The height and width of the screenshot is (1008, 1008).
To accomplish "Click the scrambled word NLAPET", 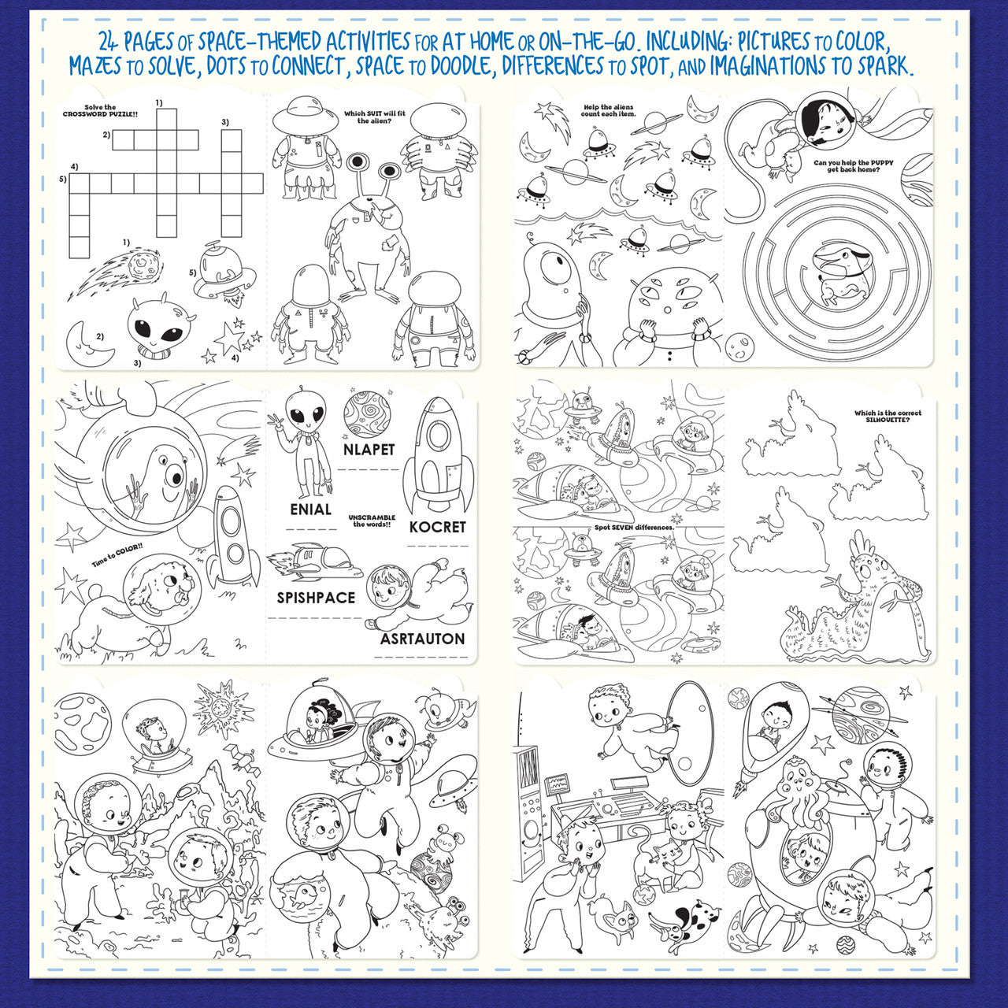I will [x=369, y=450].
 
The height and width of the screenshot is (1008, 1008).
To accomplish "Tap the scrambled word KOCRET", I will [x=437, y=527].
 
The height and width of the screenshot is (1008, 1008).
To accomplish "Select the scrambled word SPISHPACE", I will [x=316, y=598].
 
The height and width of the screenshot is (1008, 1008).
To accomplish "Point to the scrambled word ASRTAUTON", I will [x=422, y=639].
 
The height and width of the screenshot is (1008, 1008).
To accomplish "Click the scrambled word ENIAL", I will [x=310, y=510].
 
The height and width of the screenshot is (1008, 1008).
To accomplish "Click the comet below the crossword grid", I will [x=118, y=272].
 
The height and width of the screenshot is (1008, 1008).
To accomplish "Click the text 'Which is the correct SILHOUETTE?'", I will [x=888, y=416].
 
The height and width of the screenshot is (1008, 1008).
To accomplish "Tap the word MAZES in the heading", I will [x=96, y=66].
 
